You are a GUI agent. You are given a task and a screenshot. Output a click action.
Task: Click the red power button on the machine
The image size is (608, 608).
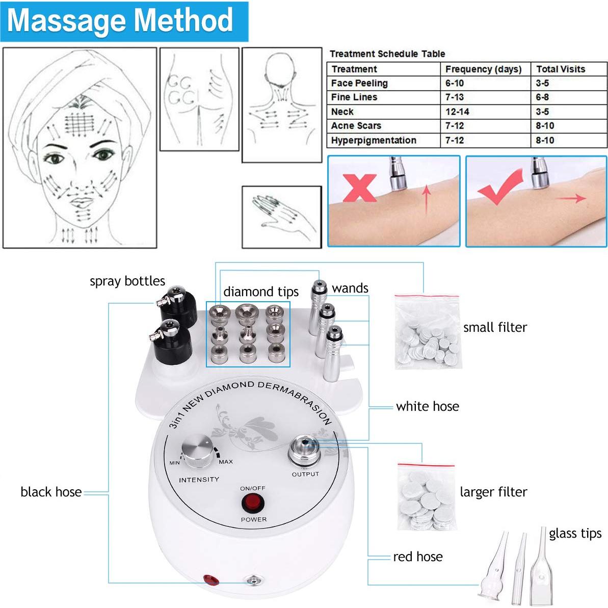tap(253, 504)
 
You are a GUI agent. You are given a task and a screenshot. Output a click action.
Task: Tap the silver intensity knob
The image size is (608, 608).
tap(198, 451)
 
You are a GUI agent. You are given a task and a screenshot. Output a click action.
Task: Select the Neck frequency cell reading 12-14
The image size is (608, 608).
tap(457, 112)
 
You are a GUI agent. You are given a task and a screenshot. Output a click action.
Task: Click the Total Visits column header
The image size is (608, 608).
tap(561, 69)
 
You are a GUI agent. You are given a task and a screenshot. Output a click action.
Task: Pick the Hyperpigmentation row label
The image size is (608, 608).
tap(374, 141)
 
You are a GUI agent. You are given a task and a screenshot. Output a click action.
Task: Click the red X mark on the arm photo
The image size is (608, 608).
tap(359, 188)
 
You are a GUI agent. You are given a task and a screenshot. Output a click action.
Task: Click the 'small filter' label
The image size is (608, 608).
tap(495, 328)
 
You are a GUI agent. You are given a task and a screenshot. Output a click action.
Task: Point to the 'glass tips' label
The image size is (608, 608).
tap(575, 534)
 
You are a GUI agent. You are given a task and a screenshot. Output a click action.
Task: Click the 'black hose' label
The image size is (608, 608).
tap(51, 492)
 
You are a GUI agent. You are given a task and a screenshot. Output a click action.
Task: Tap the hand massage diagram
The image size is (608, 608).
tap(281, 217)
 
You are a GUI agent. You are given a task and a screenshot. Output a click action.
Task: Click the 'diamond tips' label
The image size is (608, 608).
tap(261, 292)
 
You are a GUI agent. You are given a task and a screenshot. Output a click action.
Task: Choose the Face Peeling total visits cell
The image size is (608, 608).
tap(542, 83)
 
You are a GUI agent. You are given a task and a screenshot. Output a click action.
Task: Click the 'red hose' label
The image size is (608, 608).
tap(417, 557)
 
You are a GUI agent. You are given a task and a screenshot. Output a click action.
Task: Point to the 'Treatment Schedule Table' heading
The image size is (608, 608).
tap(387, 54)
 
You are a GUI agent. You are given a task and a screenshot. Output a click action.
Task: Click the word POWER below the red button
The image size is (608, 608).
tap(253, 520)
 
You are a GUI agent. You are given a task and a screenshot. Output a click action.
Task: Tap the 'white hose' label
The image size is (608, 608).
tap(427, 407)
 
